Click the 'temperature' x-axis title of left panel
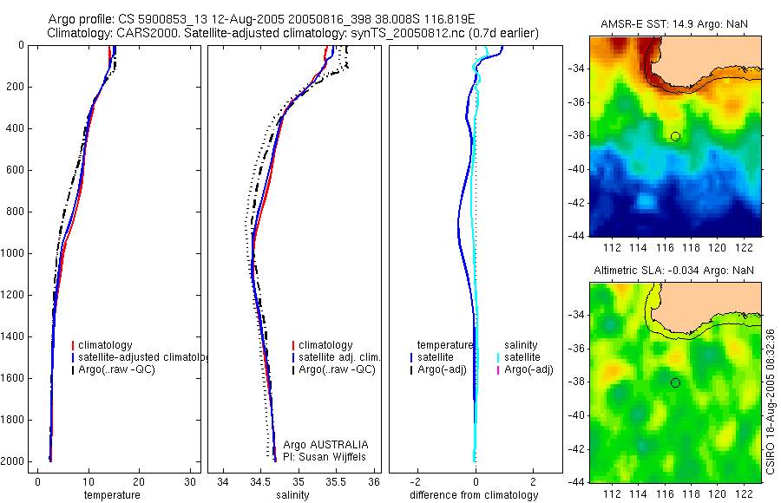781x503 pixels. [x=111, y=495]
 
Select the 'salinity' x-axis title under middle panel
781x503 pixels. [x=292, y=495]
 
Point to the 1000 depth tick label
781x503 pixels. [x=13, y=253]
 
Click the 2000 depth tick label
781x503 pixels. [x=13, y=461]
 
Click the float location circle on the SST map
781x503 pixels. [x=675, y=136]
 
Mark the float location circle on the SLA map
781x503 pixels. [x=675, y=382]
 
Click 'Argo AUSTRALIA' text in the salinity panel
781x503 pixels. [x=319, y=444]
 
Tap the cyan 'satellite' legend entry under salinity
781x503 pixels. [x=523, y=357]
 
